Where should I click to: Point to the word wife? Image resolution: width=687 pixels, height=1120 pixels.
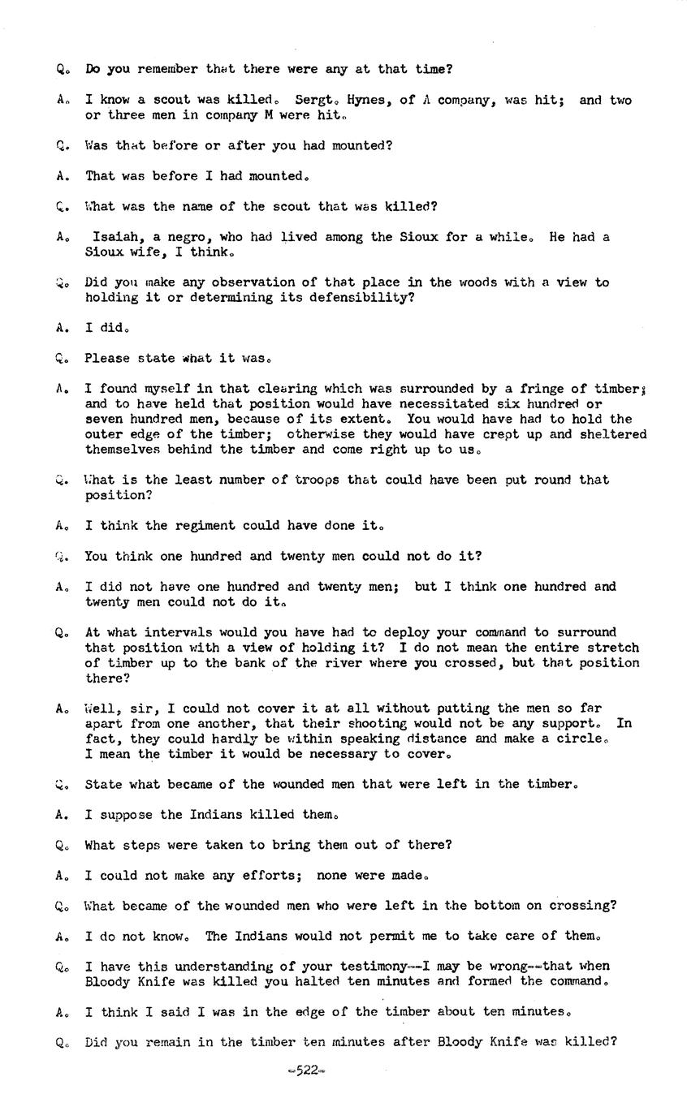pos(153,252)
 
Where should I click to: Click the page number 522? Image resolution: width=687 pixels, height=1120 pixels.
pos(306,1070)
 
